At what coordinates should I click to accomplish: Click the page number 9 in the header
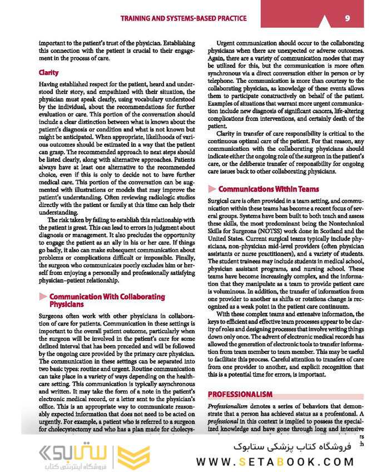347,18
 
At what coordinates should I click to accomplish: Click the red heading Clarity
49,73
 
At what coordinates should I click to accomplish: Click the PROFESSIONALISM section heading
240,395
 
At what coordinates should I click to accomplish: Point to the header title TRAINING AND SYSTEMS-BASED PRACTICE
184,19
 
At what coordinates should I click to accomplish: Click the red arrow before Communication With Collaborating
42,297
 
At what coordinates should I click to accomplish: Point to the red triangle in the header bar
324,19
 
